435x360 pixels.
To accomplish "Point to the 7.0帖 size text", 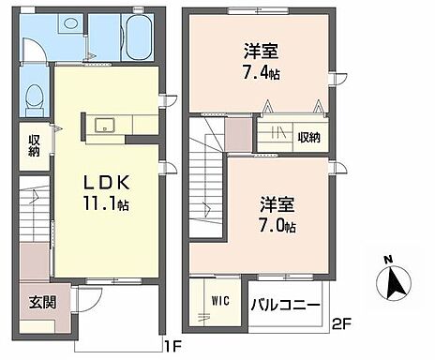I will (277, 227).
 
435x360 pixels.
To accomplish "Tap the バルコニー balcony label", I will (287, 306).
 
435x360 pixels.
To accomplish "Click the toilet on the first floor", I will (34, 96).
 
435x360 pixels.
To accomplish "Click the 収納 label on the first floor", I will (33, 145).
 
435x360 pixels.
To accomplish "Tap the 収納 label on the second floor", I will (308, 138).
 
